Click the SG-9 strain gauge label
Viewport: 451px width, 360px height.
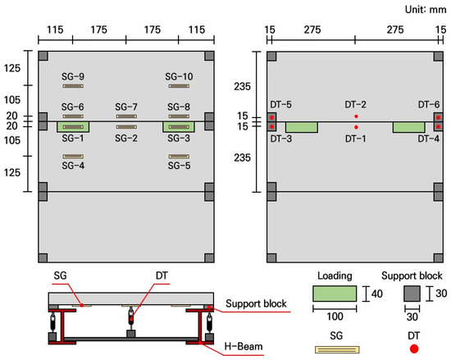click(73, 76)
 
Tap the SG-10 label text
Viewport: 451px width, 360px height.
click(179, 76)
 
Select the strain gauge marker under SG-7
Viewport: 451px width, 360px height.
click(126, 116)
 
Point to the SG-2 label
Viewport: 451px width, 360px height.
click(126, 139)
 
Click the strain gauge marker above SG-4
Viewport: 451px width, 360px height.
click(73, 157)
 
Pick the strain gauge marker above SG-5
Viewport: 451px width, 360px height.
click(179, 157)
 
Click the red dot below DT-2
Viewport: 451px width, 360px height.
click(356, 116)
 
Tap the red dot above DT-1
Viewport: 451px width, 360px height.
click(356, 127)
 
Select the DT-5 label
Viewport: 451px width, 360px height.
click(280, 104)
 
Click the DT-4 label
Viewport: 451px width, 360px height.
click(429, 139)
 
